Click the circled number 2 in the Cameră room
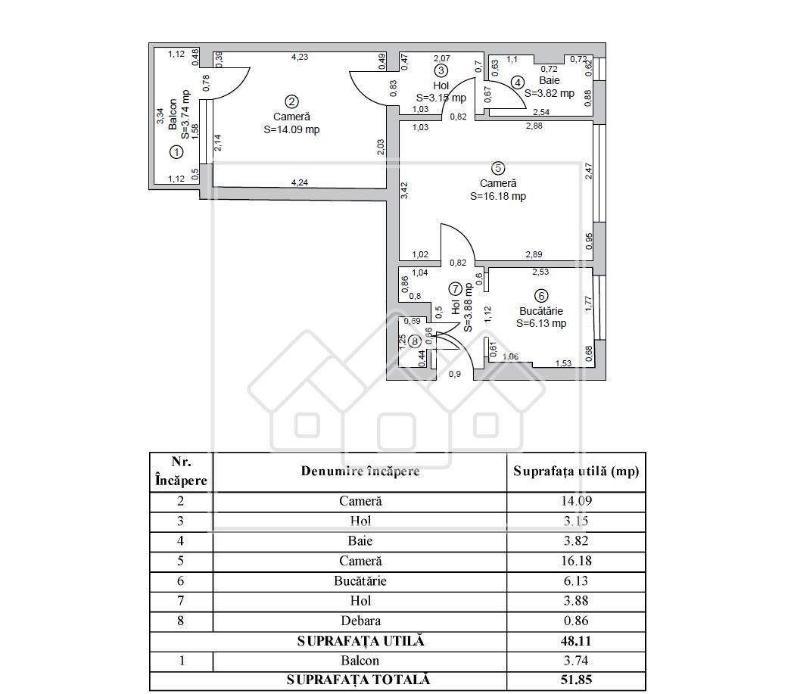tap(291, 102)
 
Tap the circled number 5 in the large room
tap(498, 168)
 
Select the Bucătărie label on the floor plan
tap(540, 311)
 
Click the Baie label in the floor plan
tap(550, 80)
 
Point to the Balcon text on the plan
tap(173, 114)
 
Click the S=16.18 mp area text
tap(498, 197)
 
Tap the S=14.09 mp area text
tap(291, 129)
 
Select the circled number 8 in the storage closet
tap(415, 341)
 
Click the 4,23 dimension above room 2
tap(300, 57)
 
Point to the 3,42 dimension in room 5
tap(404, 190)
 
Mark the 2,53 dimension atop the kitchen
tap(540, 272)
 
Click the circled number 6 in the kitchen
tap(540, 296)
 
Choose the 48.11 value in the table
tap(576, 641)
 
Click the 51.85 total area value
tap(576, 680)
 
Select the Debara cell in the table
tap(360, 621)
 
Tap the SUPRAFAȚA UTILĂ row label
tap(360, 641)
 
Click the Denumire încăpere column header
tap(360, 471)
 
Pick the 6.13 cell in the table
tap(576, 580)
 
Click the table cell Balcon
tap(360, 661)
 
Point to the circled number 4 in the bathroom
tap(517, 82)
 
